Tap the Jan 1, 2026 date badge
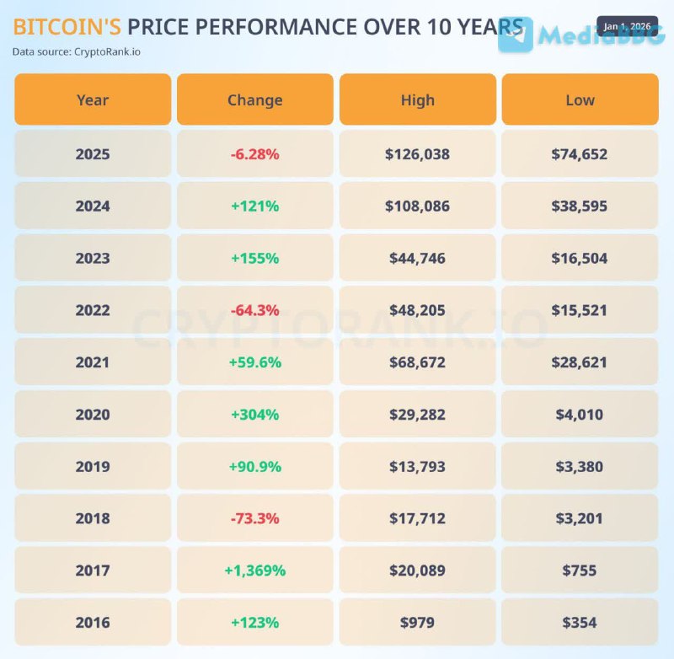627,26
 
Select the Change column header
254,99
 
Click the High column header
418,99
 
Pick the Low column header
580,99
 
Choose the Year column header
93,99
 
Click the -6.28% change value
254,154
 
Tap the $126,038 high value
418,154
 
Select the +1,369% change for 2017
254,571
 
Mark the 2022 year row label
93,310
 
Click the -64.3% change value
254,310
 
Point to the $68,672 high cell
418,362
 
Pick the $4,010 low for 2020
580,415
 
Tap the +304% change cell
254,415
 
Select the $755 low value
580,571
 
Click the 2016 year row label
93,623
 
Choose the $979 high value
418,623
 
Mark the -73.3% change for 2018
254,518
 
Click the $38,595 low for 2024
580,206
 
